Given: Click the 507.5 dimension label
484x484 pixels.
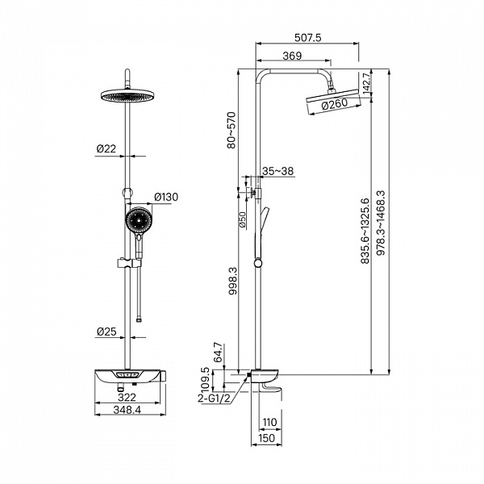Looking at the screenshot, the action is tap(308, 38).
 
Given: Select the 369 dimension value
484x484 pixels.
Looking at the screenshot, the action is tap(292, 56).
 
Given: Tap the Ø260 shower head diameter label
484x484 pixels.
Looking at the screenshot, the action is tap(334, 104).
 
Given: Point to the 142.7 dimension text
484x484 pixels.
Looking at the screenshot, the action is tap(366, 83).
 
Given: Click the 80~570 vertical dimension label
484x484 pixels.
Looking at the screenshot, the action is tap(232, 130).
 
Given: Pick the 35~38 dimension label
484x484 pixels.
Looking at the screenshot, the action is tap(277, 171).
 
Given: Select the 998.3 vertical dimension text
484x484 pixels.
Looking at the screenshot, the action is tap(233, 281).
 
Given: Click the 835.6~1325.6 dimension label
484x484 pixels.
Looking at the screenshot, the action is tap(365, 231).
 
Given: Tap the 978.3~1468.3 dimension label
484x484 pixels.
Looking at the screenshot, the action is tap(382, 223).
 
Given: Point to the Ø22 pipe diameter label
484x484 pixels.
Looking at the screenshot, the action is tap(106, 148).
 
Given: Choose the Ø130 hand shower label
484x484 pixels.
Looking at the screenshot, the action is tap(166, 197).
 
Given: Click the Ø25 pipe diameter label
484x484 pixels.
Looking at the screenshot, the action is tap(106, 332).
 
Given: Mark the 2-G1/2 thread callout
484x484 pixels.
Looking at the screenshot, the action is tap(215, 398).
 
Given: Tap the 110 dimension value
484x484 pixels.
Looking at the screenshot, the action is tap(269, 422).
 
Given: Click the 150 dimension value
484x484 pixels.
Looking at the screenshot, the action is tap(266, 438).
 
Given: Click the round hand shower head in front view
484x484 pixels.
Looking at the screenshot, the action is tap(139, 220).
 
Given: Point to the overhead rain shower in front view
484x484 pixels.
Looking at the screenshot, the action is tap(127, 95).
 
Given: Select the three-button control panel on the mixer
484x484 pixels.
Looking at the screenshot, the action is tap(127, 375).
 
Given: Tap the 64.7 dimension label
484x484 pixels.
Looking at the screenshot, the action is tap(218, 352).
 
